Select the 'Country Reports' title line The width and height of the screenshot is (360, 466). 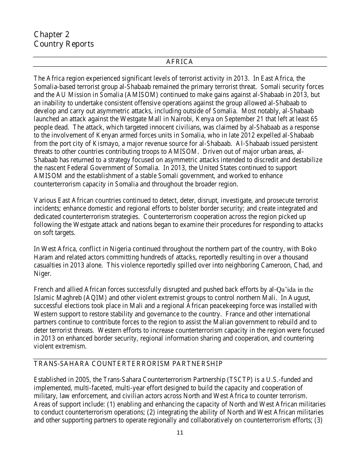click(x=64, y=44)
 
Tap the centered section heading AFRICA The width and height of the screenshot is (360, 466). click(x=180, y=62)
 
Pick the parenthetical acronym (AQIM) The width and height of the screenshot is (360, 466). click(x=100, y=298)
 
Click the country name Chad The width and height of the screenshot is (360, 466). click(x=302, y=265)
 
